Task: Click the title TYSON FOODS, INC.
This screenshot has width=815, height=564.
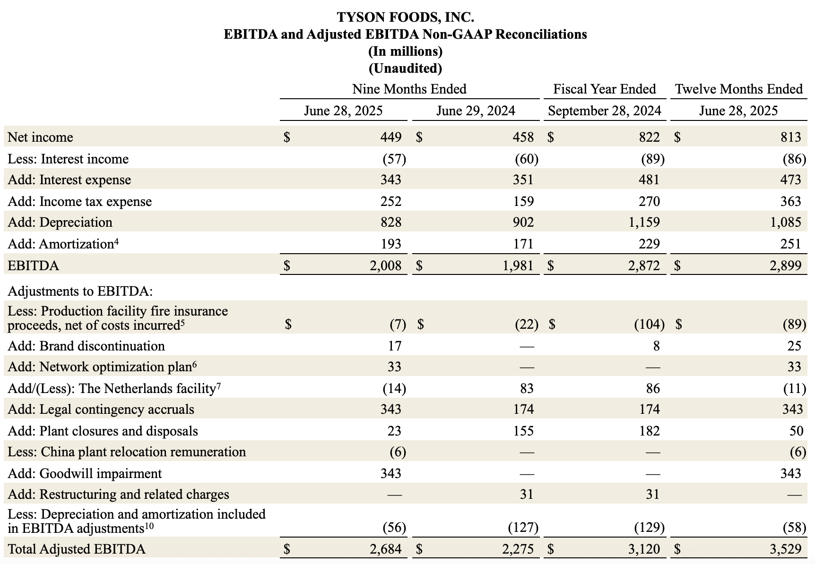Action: point(405,17)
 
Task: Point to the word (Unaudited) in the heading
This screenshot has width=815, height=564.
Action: point(405,68)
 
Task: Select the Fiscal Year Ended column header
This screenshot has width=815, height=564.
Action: point(605,89)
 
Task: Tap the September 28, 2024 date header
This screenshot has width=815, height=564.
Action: point(605,111)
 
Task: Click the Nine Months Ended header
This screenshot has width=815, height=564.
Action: point(409,89)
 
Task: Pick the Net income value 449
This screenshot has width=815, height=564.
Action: point(391,137)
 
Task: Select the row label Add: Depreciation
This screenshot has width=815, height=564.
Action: point(60,222)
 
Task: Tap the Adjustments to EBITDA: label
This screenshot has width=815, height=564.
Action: point(80,291)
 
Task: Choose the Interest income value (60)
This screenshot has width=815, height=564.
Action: point(526,159)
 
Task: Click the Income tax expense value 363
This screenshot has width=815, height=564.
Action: point(791,202)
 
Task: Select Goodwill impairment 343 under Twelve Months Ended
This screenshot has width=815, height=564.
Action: point(791,473)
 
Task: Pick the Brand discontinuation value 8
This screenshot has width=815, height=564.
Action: point(656,346)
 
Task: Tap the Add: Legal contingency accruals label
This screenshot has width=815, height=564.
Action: point(101,409)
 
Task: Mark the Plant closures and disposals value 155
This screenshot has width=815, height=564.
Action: point(523,431)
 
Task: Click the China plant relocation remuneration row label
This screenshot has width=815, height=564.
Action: point(127,452)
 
